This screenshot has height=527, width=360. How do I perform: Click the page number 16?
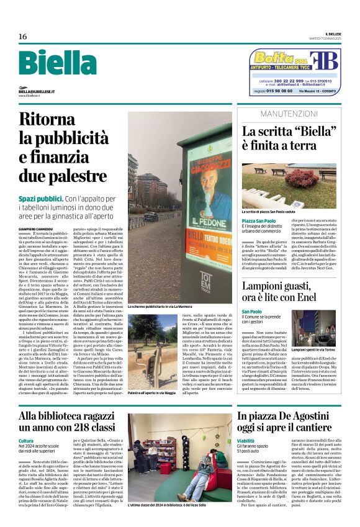[22, 37]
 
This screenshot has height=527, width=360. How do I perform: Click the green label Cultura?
[27, 439]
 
